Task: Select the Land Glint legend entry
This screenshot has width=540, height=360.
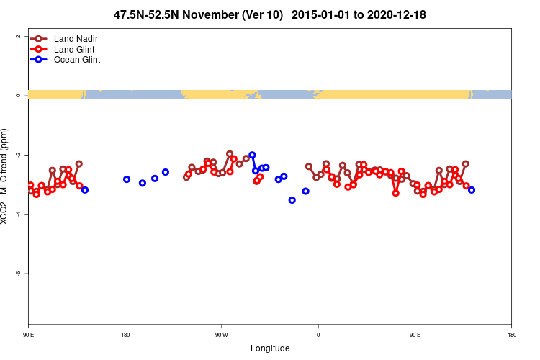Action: pos(74,49)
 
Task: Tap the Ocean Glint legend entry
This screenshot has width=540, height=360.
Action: pos(77,60)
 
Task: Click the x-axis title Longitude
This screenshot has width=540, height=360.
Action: pos(270,348)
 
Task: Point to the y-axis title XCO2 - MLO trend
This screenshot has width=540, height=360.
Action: pos(6,176)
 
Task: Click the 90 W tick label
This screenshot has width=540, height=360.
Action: pos(221,335)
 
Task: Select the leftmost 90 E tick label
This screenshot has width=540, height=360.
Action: pos(29,335)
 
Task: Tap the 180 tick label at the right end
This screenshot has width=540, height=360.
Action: pos(511,335)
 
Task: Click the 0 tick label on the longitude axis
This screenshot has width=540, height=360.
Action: pos(318,335)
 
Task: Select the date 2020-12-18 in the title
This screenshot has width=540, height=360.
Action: pos(395,14)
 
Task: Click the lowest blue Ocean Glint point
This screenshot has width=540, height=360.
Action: pos(292,200)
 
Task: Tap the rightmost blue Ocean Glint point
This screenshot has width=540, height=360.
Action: pos(472,190)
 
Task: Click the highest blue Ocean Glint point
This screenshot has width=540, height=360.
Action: pos(252,155)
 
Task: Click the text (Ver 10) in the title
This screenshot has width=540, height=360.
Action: pos(261,14)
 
